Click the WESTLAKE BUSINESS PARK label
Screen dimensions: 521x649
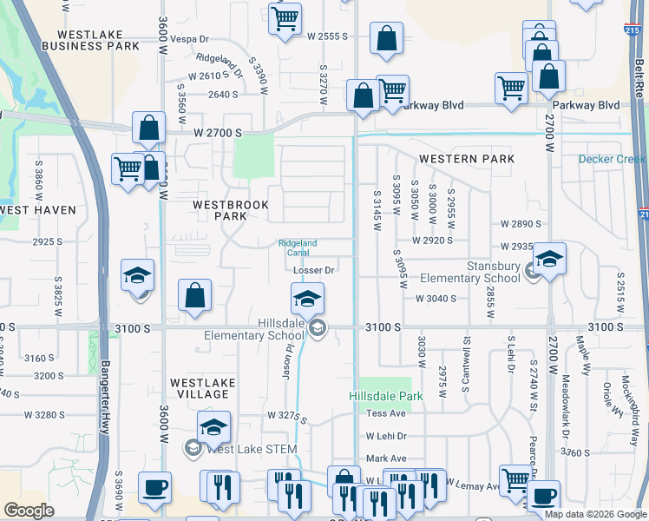point(90,38)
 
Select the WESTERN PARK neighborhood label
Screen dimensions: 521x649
point(466,159)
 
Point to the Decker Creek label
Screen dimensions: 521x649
point(613,159)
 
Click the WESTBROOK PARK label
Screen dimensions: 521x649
point(230,210)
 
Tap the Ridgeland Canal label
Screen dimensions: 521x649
point(298,247)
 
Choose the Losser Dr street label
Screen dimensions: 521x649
point(314,270)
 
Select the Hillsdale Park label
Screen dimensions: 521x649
point(385,395)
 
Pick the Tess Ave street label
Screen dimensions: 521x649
point(386,413)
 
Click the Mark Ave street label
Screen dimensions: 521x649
point(386,458)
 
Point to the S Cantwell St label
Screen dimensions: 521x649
point(466,362)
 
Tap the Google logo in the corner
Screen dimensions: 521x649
point(29,511)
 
